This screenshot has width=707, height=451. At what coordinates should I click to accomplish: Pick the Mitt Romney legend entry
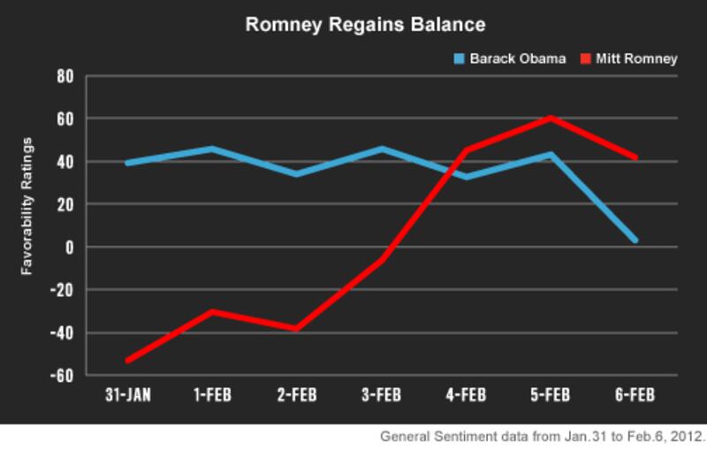click(x=628, y=59)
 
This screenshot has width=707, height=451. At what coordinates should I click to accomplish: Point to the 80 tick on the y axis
click(x=64, y=76)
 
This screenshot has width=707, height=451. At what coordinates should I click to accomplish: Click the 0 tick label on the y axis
click(x=67, y=247)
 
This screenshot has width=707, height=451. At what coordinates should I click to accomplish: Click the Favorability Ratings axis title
click(x=28, y=204)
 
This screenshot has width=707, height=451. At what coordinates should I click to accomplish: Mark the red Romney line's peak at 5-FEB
click(x=550, y=118)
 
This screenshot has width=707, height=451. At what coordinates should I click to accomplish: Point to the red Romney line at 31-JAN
click(x=128, y=360)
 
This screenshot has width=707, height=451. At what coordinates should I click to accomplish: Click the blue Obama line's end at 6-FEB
click(x=634, y=240)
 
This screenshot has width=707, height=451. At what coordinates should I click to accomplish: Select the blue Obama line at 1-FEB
click(x=212, y=149)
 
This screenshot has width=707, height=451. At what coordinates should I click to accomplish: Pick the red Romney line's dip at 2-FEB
click(x=296, y=329)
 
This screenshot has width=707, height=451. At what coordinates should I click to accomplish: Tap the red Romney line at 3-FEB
click(x=381, y=259)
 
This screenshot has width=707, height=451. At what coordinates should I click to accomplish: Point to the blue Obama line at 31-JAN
click(x=128, y=163)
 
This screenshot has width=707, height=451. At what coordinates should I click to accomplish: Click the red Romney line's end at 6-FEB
click(x=634, y=157)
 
